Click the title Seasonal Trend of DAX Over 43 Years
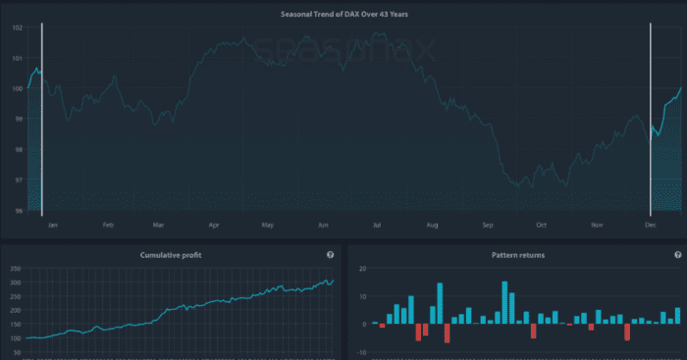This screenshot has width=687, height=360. pyautogui.click(x=343, y=14)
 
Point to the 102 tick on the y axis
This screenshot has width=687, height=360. pyautogui.click(x=17, y=27)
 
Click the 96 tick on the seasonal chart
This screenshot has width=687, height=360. pyautogui.click(x=17, y=211)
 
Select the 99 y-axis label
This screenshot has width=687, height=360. pyautogui.click(x=17, y=119)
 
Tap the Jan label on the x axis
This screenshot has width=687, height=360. pyautogui.click(x=54, y=225)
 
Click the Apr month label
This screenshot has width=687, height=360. pyautogui.click(x=213, y=225)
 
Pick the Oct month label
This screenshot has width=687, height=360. pyautogui.click(x=541, y=225)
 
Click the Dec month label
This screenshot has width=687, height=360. pyautogui.click(x=651, y=225)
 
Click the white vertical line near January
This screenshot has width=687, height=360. pyautogui.click(x=42, y=118)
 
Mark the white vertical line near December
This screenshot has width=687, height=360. pyautogui.click(x=651, y=118)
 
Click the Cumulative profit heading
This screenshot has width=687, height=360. pyautogui.click(x=172, y=255)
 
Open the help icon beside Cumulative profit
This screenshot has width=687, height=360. pyautogui.click(x=330, y=255)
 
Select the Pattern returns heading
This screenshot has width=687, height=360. pyautogui.click(x=518, y=255)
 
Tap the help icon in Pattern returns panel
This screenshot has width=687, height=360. pyautogui.click(x=676, y=255)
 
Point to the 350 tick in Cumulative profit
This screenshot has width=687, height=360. pyautogui.click(x=14, y=269)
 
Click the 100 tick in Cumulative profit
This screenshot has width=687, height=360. pyautogui.click(x=14, y=338)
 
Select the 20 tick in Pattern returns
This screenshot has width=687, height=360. pyautogui.click(x=362, y=269)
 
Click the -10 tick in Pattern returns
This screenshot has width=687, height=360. pyautogui.click(x=360, y=351)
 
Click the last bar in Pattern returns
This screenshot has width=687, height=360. pyautogui.click(x=677, y=316)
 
